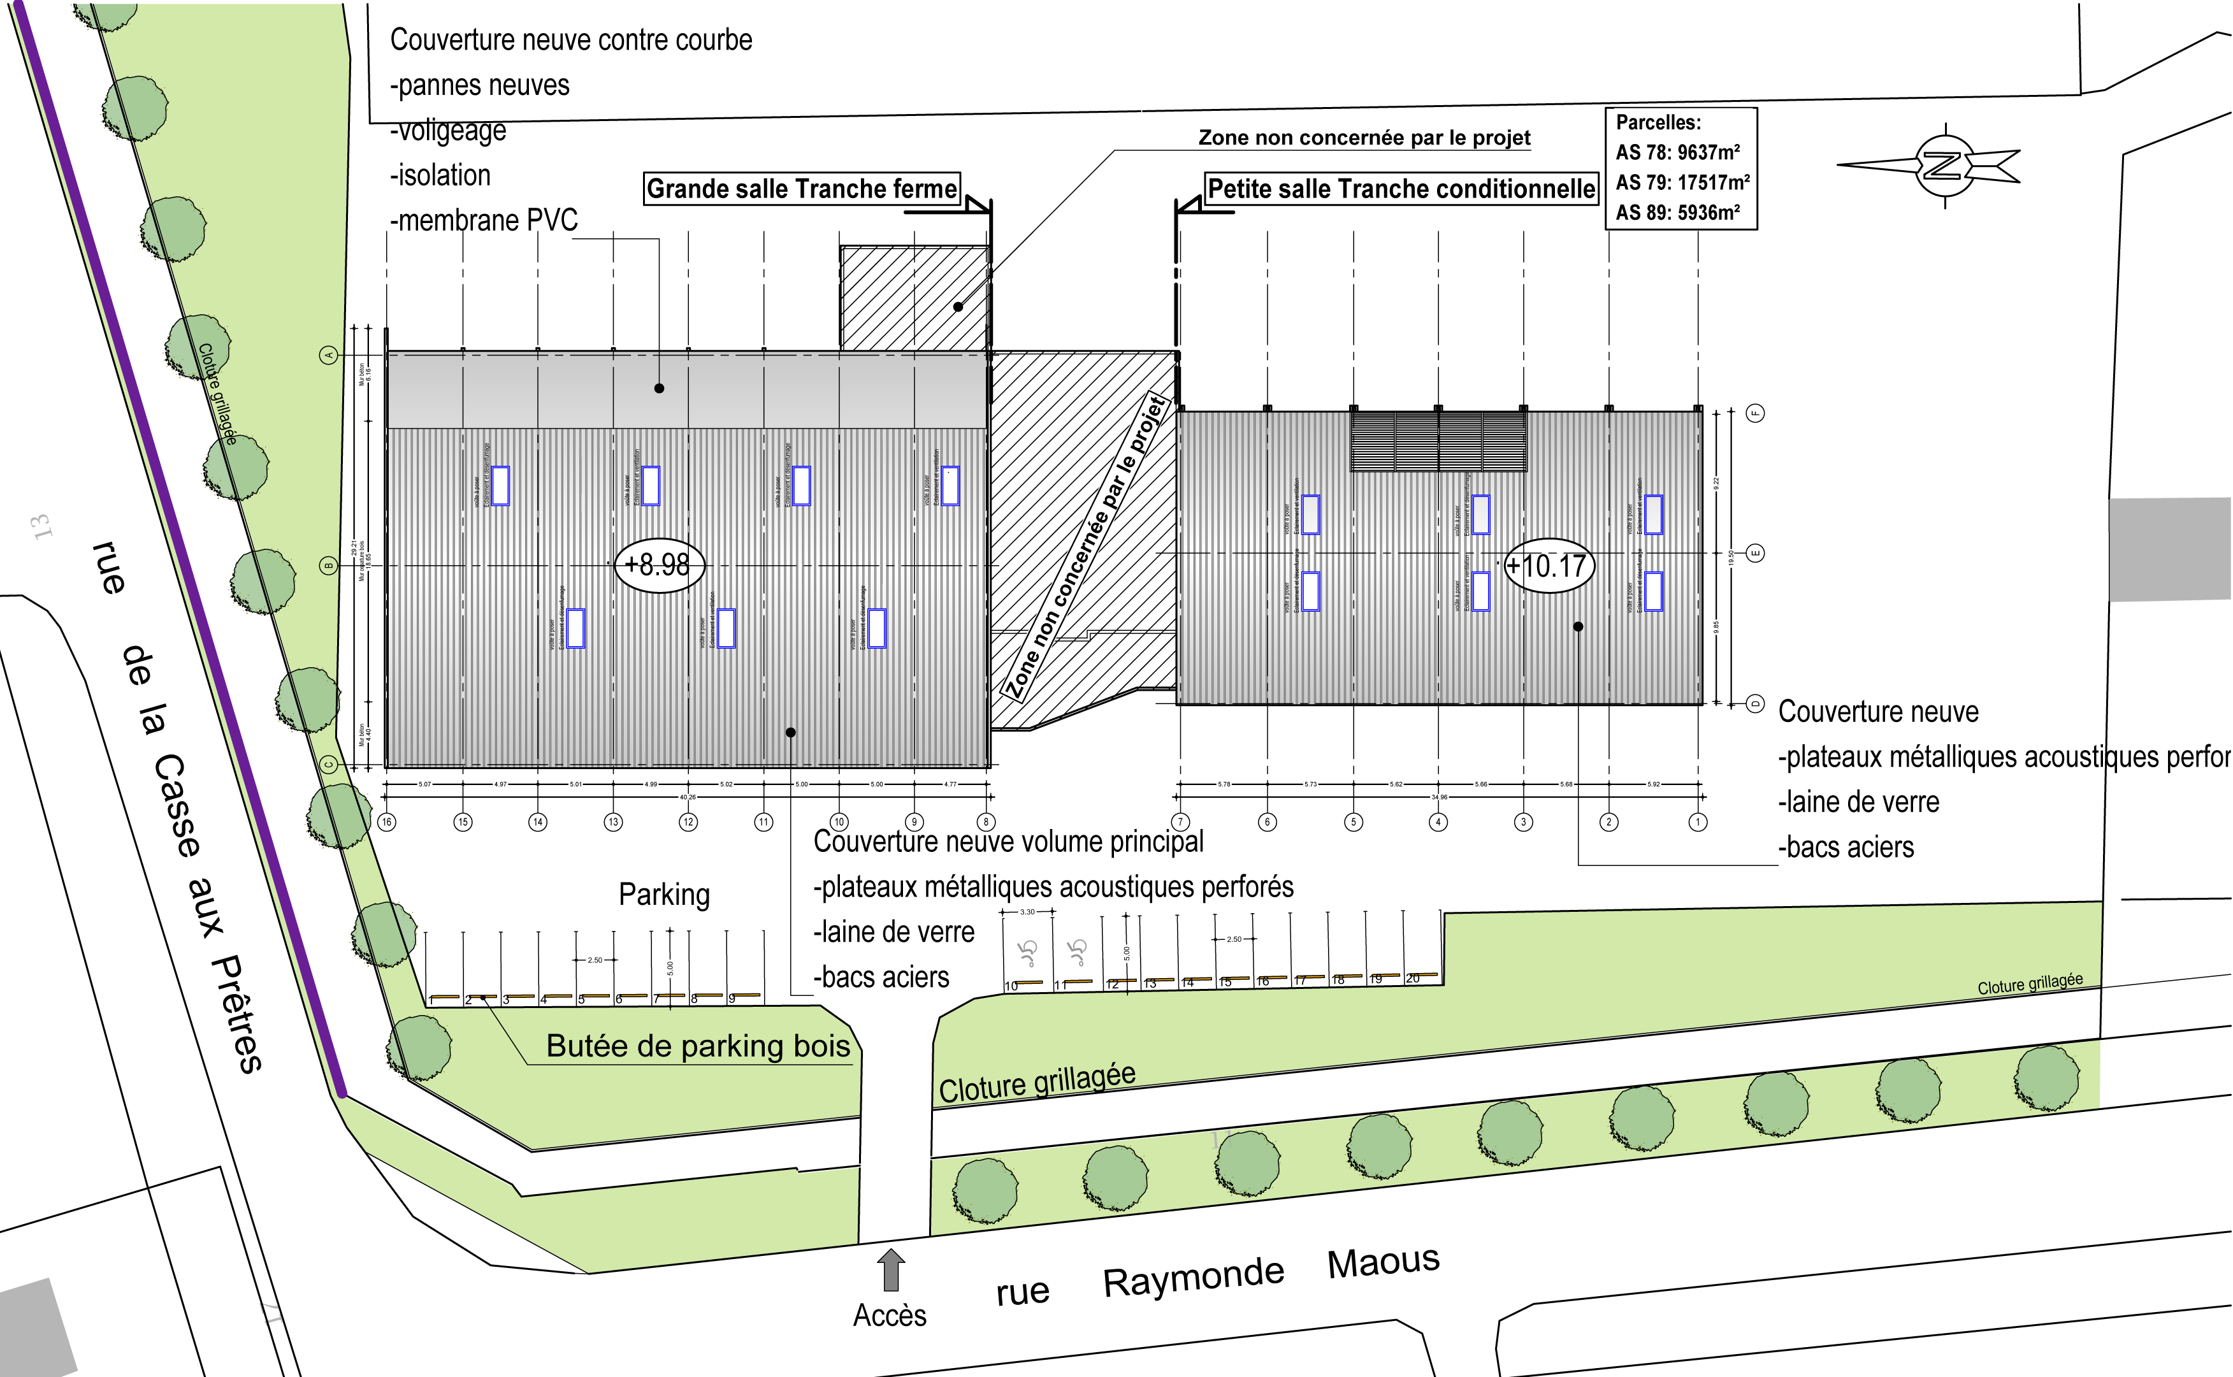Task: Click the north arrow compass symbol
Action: (1944, 166)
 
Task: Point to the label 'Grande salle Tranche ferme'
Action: (802, 189)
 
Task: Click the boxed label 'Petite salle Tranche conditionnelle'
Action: (1401, 189)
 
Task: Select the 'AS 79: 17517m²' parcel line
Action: (1681, 182)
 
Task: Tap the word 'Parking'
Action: (664, 895)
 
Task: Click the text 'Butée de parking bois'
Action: (698, 1046)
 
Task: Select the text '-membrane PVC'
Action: (484, 219)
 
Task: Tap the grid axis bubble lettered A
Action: (329, 354)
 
